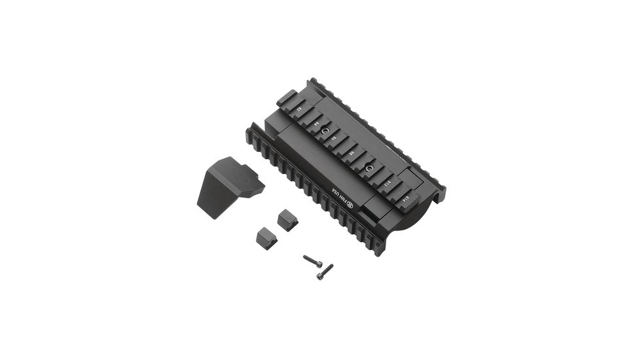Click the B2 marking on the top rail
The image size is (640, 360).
299,109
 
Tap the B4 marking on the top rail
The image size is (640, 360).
317,124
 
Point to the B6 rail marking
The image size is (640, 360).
334,139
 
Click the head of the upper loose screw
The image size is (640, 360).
306,257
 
